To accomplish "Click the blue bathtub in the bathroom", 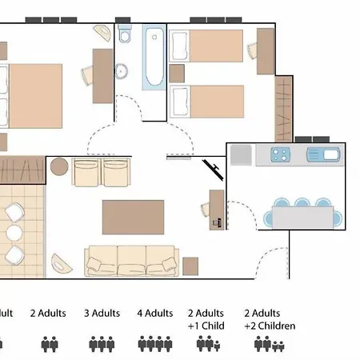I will pos(154,58).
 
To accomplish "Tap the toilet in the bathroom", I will pos(125,37).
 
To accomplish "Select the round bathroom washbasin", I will pos(122,71).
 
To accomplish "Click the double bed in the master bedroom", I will pos(32,96).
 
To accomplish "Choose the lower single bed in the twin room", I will pos(207,101).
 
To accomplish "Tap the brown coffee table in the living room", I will pos(133,217).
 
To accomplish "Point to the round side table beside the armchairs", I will pos(59,167).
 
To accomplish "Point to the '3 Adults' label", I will pos(102,314).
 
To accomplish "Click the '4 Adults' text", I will pos(155,314).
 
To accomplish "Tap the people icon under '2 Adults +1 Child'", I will pos(207,344).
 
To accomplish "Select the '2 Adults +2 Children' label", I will pos(270,319).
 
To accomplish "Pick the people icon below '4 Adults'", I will pos(155,344).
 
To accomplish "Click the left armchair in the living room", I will pos(87,172).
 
